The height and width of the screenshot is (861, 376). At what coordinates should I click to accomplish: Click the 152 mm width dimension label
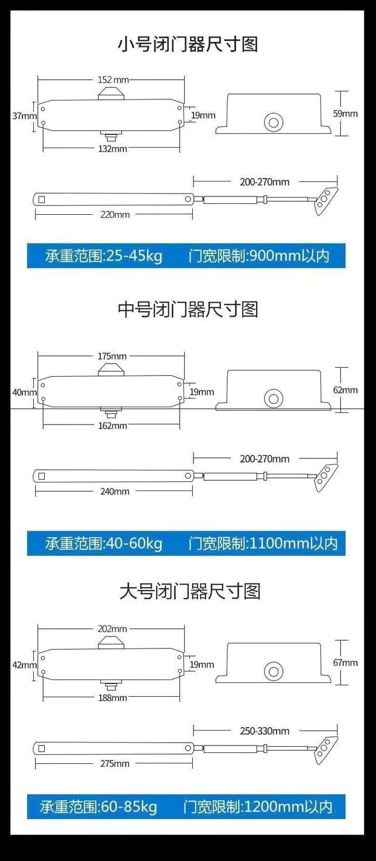tap(113, 80)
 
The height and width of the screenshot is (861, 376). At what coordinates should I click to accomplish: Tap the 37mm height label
tap(25, 115)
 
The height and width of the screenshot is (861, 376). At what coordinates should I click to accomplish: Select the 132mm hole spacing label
tap(113, 149)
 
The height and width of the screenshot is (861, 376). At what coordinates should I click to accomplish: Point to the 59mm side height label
tap(345, 113)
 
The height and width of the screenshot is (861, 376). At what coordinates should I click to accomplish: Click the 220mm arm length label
tap(115, 214)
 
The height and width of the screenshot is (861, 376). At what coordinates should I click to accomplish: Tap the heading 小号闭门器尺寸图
tap(188, 44)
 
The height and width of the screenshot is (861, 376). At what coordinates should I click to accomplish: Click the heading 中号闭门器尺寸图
tap(188, 310)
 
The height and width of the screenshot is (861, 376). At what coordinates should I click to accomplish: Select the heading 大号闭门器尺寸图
tap(190, 591)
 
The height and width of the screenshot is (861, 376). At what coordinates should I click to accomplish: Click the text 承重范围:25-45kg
tap(104, 256)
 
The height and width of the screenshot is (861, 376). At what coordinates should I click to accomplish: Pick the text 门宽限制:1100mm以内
tap(263, 543)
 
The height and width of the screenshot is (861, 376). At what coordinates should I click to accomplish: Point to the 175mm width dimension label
tap(112, 356)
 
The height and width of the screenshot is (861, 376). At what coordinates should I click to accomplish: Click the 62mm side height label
tap(345, 390)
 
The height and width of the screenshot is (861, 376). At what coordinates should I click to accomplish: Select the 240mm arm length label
tap(115, 491)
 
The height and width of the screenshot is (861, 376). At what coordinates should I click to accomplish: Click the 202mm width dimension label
tap(112, 629)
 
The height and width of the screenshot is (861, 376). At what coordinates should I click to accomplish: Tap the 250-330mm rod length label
tap(265, 731)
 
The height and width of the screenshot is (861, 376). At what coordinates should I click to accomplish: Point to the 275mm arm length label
tap(115, 763)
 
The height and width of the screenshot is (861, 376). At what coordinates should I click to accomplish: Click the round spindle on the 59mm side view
tap(274, 122)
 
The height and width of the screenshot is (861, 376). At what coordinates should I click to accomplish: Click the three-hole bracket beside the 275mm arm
tap(326, 750)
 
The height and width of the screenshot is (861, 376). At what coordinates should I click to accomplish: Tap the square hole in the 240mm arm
tap(42, 476)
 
